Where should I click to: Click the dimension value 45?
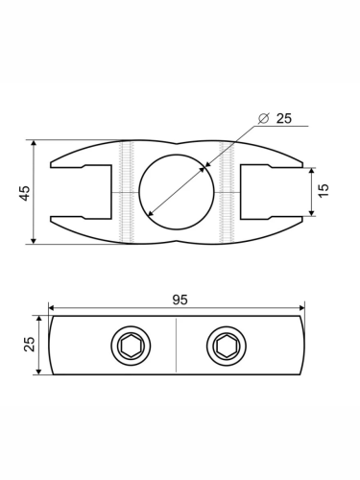(x=25, y=193)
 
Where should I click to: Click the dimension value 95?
(x=180, y=300)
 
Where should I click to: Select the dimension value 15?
(x=324, y=190)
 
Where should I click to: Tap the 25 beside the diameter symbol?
(x=284, y=118)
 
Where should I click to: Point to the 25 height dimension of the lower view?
(x=30, y=344)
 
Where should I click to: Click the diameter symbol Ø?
(x=263, y=118)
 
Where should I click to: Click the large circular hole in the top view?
(x=177, y=192)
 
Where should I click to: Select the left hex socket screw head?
(x=131, y=346)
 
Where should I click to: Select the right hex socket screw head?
(x=227, y=346)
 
